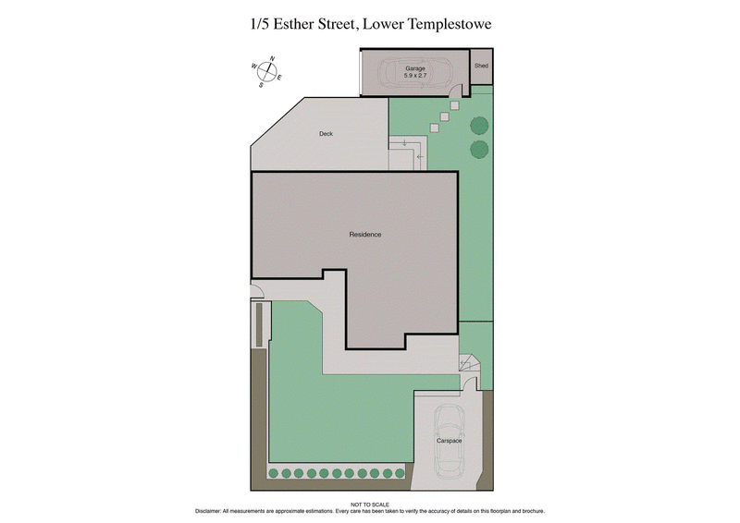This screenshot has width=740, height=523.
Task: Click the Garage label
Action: (x=415, y=69)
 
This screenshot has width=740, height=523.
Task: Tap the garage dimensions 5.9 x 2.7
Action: (x=415, y=77)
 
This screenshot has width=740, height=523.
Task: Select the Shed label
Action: (x=481, y=67)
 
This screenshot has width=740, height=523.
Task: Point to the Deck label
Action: (x=326, y=134)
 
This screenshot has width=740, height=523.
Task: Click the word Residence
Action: (x=364, y=235)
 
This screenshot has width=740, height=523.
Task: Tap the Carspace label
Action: (x=450, y=441)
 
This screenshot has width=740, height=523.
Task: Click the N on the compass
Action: (x=272, y=59)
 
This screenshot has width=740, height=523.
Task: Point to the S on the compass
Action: (x=261, y=85)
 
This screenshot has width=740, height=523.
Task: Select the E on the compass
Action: (x=279, y=78)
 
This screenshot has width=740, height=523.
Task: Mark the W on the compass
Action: (x=253, y=67)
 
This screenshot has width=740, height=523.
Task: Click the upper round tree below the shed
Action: (x=478, y=127)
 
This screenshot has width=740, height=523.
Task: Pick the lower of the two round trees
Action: (x=478, y=149)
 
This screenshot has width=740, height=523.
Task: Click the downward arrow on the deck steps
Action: (x=405, y=142)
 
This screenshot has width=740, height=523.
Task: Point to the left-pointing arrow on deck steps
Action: (x=420, y=156)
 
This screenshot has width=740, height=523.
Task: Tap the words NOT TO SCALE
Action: (x=370, y=504)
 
